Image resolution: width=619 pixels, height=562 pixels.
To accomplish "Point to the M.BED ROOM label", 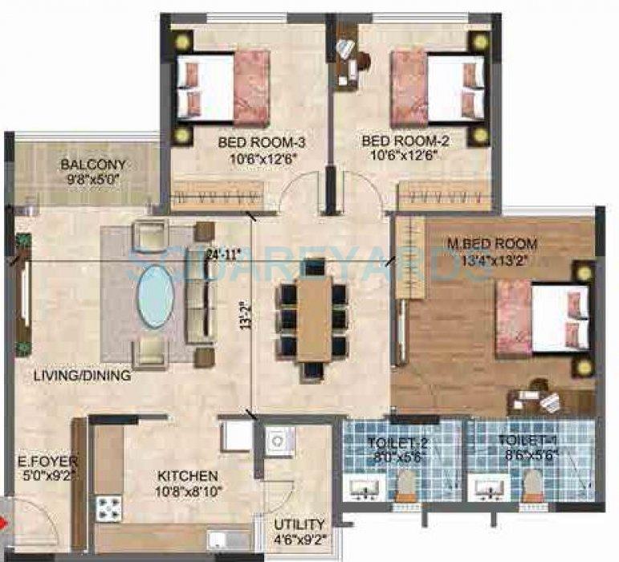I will click(493, 243).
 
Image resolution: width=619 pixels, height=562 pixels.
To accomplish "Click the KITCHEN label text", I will click(188, 475).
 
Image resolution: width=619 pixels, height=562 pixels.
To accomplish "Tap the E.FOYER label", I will click(38, 462).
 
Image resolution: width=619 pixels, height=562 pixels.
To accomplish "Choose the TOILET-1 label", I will click(521, 440).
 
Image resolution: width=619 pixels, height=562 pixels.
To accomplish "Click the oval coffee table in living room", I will click(156, 297).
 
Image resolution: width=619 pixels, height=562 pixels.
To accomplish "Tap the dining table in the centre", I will click(313, 309).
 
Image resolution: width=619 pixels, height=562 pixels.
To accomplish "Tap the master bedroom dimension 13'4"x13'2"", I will click(493, 258).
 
